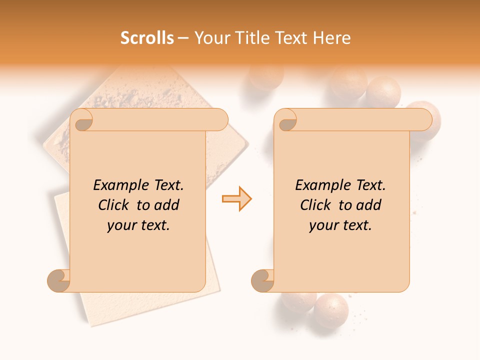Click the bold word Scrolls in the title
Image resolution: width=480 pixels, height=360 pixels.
(147, 38)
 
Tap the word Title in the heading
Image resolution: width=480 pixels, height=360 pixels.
(248, 38)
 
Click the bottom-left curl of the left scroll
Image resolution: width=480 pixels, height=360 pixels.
(59, 280)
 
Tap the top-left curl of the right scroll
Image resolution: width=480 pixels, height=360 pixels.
(286, 120)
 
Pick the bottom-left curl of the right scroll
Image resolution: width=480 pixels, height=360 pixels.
(263, 280)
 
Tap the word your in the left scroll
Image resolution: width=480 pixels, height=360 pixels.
(121, 225)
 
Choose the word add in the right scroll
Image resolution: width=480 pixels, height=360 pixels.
(369, 205)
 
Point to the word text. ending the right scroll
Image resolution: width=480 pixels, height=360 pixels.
(355, 225)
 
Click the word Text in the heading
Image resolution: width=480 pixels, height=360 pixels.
(292, 38)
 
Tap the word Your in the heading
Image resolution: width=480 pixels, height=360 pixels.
(210, 38)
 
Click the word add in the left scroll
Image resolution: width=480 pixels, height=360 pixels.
(167, 205)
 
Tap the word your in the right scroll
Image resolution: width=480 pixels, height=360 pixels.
(323, 225)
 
